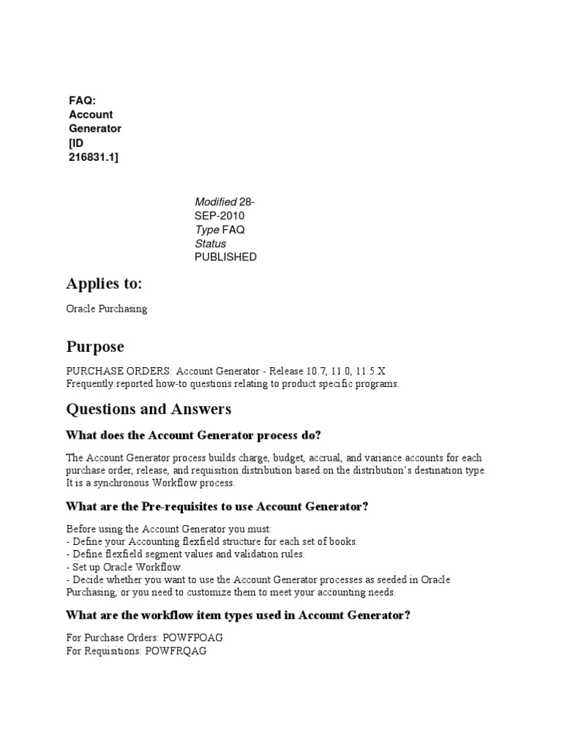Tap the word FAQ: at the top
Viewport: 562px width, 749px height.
(83, 101)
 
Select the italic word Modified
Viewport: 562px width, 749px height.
(216, 202)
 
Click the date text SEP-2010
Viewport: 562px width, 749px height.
(220, 216)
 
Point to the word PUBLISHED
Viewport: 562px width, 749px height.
(225, 257)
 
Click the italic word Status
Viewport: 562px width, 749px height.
(211, 244)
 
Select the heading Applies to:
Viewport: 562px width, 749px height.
(104, 284)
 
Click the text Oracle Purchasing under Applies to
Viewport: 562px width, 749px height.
(107, 309)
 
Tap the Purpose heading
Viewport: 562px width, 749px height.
(95, 346)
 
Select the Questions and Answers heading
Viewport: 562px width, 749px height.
(149, 408)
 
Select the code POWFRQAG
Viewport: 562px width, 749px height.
(176, 650)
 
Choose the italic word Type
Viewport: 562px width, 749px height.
(207, 230)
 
